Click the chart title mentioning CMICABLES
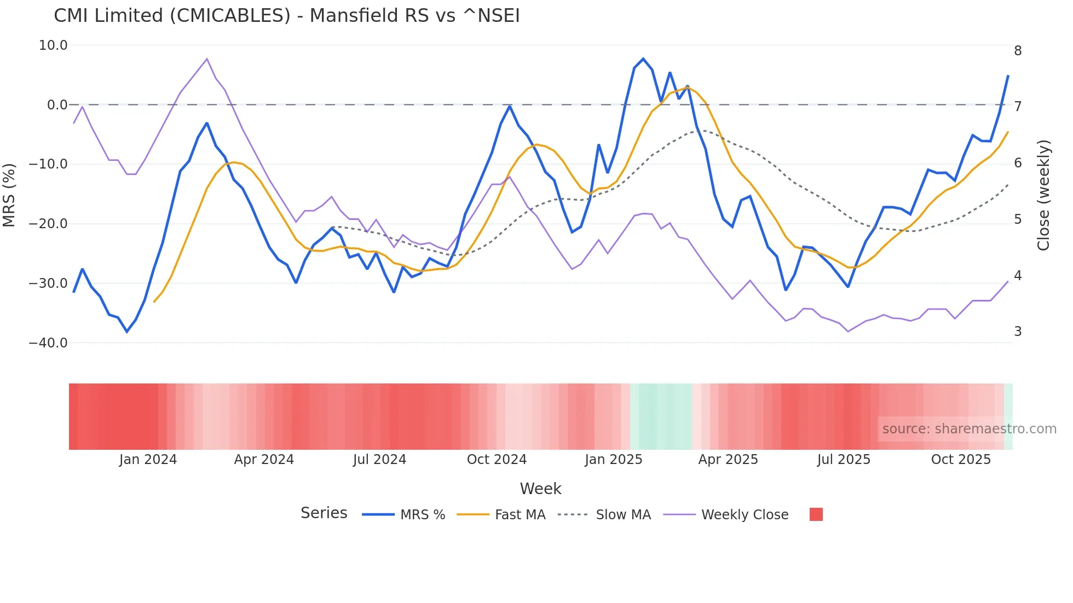coord(286,16)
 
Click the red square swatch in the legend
coord(816,514)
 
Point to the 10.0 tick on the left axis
coord(53,45)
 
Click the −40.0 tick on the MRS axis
coord(48,343)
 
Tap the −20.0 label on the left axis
coord(48,224)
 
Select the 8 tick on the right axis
coord(1018,51)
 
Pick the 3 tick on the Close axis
coord(1018,332)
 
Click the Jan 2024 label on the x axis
coord(148,460)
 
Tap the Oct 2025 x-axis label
coord(961,460)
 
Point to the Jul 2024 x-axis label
coord(379,460)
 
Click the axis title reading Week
coord(540,489)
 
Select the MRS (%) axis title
coord(9,195)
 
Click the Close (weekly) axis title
coord(1043,195)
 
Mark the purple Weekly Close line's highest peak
coord(207,59)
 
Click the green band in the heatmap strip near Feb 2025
coord(661,416)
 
